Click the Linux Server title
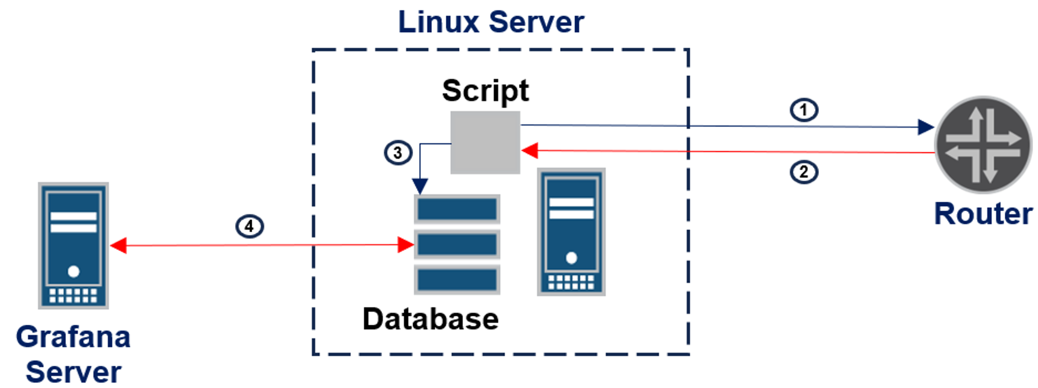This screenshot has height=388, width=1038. (x=491, y=22)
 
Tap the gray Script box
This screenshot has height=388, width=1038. (x=485, y=143)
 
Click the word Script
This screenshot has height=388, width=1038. (x=485, y=91)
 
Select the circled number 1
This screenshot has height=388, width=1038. (x=804, y=110)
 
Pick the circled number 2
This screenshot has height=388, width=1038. (x=804, y=172)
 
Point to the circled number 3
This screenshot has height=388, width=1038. (x=398, y=153)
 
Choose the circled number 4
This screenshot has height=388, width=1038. (x=250, y=227)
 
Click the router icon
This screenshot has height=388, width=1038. (x=983, y=145)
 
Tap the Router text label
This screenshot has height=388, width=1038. (x=983, y=214)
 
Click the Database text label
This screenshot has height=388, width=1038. (x=430, y=318)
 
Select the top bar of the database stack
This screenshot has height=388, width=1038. (x=457, y=209)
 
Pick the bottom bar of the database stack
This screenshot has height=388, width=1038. (x=457, y=280)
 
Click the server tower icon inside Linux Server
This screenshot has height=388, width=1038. (x=571, y=232)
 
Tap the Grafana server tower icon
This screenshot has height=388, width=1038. (x=73, y=245)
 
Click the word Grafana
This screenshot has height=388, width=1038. (x=73, y=337)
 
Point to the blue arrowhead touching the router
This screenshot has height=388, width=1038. (x=925, y=127)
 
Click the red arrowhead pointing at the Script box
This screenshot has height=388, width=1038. (x=530, y=151)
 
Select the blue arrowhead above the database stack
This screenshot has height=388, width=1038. (x=420, y=186)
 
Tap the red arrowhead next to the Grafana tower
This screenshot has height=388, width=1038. (x=119, y=245)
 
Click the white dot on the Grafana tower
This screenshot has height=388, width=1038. (x=74, y=271)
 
